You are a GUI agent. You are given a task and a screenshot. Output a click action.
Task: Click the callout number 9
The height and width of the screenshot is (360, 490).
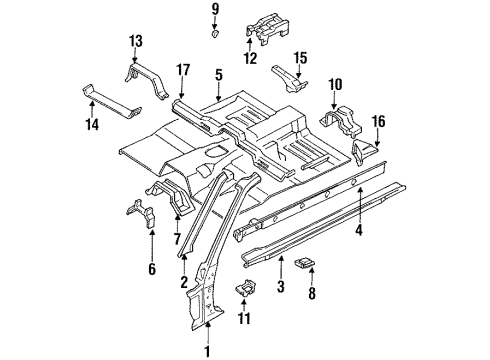point(215,9)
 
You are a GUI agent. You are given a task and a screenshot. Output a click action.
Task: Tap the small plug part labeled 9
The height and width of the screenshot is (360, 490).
point(215,34)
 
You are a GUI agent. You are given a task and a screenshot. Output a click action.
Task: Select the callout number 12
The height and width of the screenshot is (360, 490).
point(250,58)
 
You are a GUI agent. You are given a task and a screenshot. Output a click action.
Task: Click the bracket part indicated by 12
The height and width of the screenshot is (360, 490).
point(267,28)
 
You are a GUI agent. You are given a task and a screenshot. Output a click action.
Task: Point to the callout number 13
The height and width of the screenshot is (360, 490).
point(136,41)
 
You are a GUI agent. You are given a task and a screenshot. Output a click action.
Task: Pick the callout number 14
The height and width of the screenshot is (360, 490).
point(92,124)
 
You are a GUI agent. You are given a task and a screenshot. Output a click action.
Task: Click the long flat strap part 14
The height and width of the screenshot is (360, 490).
point(112,102)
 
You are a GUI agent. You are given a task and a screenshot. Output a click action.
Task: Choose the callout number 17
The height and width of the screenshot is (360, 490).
point(183,70)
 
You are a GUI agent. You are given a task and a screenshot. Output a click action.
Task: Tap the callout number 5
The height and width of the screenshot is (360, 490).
point(218,75)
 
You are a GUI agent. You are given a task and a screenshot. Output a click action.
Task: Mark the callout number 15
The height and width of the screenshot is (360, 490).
point(300,58)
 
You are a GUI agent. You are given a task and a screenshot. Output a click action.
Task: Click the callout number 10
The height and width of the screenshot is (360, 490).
point(335,85)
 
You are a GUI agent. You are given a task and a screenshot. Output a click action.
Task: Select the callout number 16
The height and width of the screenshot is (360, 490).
point(378,121)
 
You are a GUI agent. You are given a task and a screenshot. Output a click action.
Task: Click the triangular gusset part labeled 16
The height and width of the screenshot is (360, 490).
point(364,152)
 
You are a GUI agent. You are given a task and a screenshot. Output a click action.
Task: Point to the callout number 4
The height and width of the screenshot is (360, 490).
point(358,230)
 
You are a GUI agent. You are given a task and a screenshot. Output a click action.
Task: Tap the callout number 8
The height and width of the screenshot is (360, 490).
point(312,293)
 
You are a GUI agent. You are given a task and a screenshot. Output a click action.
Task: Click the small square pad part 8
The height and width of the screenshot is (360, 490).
point(305,263)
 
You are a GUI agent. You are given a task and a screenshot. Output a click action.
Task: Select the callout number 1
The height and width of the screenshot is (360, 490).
point(207,352)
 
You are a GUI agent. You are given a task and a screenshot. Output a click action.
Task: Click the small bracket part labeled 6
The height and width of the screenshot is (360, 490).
point(142,213)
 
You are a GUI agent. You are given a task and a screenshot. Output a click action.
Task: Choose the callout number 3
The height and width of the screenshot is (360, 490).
point(281,286)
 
